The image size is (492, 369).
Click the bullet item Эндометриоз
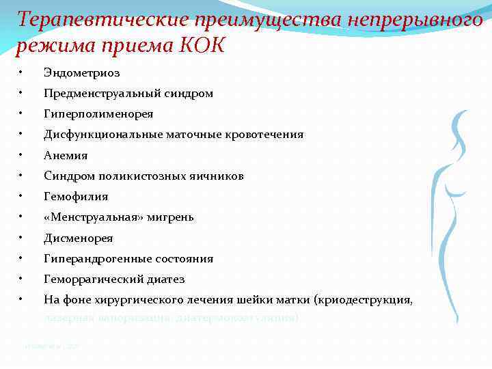pos(81,72)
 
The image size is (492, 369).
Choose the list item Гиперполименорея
pos(98,113)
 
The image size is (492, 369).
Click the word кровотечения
pos(265,135)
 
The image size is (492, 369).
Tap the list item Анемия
pos(66,155)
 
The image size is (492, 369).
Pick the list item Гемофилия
pos(76,197)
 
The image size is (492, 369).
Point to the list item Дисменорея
pos(79,238)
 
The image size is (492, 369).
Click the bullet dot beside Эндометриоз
pos(23,72)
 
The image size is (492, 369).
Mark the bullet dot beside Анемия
pos(23,154)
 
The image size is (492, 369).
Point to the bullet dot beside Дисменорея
pos(23,238)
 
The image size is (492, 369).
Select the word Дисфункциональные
pos(103,135)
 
